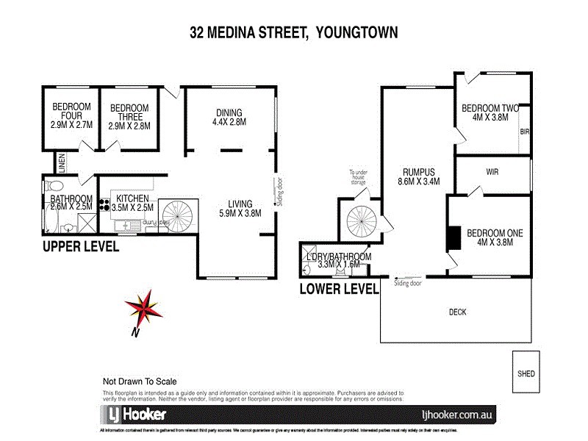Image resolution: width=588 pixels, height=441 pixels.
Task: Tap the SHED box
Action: [526, 373]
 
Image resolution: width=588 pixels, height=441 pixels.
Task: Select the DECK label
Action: [457, 312]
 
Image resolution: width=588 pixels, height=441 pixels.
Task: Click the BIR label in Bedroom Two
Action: [523, 132]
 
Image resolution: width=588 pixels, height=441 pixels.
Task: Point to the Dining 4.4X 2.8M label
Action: [229, 117]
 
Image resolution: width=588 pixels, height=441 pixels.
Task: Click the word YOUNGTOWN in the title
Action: [358, 33]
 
